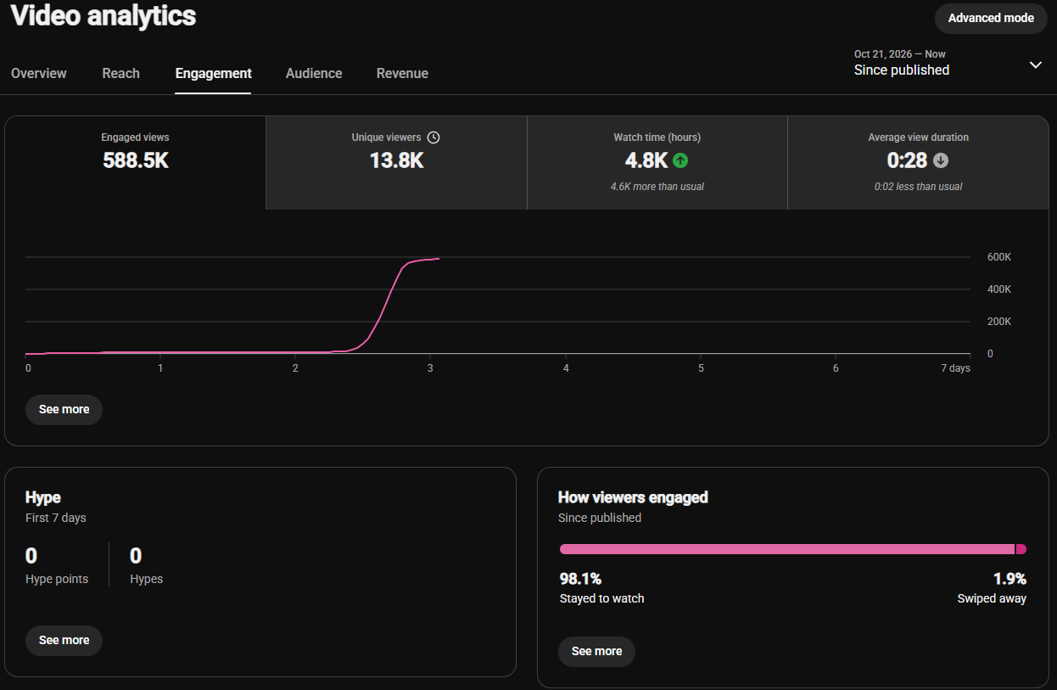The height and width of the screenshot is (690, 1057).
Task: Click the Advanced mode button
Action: [x=991, y=18]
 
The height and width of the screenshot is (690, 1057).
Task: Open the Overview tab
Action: [x=39, y=73]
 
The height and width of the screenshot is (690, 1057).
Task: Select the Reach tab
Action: [x=120, y=73]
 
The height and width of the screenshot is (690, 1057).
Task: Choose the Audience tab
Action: [x=314, y=73]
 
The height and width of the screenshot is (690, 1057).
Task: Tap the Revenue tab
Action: [x=402, y=73]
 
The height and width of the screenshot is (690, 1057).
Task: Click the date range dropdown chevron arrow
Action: [x=1035, y=65]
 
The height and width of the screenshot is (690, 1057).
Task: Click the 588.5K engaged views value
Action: [x=136, y=160]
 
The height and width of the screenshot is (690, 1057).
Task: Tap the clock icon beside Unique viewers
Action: [x=433, y=137]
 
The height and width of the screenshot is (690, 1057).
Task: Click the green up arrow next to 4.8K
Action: [x=680, y=160]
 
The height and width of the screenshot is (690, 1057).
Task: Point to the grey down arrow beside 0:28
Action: [x=941, y=160]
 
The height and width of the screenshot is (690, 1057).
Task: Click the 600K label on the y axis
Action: [x=999, y=257]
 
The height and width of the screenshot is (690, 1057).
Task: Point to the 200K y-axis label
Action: [x=999, y=322]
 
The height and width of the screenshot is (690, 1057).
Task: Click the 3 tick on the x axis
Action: [x=430, y=368]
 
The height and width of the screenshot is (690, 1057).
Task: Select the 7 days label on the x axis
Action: [x=955, y=368]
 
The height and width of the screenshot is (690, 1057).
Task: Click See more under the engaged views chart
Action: [x=64, y=410]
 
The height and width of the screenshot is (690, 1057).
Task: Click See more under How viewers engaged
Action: [x=596, y=651]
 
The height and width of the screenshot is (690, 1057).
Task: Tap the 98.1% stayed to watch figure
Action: [x=580, y=579]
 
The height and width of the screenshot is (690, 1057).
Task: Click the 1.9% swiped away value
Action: [x=1009, y=579]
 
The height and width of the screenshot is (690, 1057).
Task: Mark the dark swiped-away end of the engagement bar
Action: [x=1021, y=549]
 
